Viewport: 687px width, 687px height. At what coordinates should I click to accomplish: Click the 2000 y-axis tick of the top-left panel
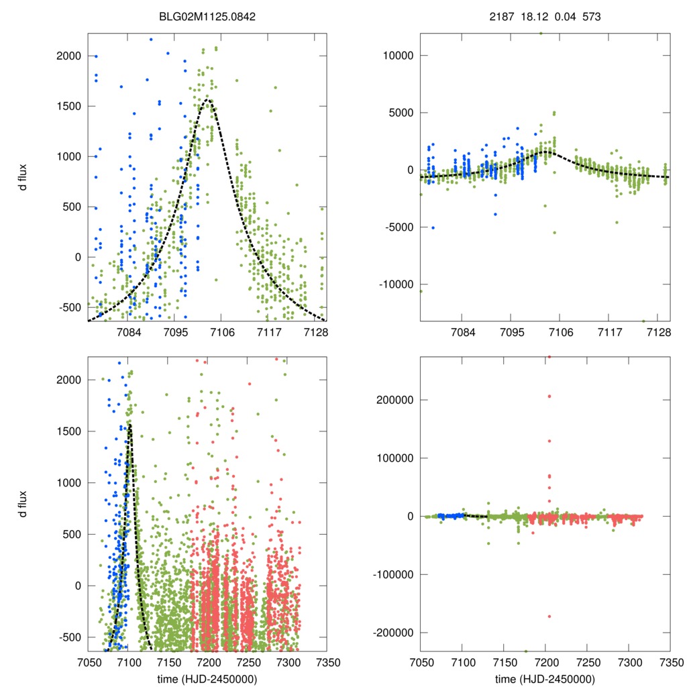[x=68, y=56]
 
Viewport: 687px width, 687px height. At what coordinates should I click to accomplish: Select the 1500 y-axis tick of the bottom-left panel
[x=68, y=431]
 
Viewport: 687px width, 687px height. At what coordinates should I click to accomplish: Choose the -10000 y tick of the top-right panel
[x=394, y=284]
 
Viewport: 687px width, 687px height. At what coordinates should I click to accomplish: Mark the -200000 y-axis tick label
[x=391, y=633]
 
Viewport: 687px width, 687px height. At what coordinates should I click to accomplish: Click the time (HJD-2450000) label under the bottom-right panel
[x=545, y=678]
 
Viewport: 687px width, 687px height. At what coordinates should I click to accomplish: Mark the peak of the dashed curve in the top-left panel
[x=208, y=100]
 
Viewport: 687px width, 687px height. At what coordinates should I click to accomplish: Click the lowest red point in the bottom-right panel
[x=549, y=616]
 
